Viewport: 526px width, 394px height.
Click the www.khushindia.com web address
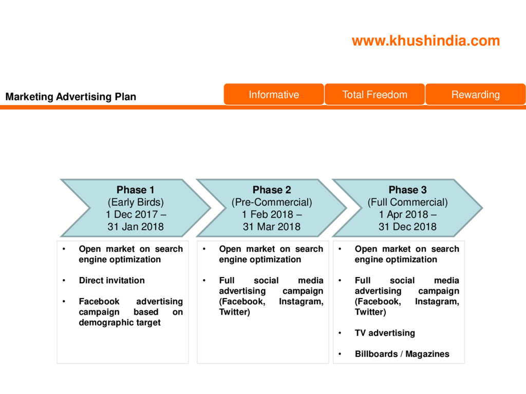coord(425,41)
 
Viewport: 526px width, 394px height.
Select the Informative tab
coord(274,94)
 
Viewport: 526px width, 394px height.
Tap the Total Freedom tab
coord(374,94)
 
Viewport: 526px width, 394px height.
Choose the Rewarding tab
coord(475,94)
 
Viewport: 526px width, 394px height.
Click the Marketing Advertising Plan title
coord(71,96)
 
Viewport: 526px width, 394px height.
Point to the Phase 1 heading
coord(136,190)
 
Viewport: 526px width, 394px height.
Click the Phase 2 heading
coord(272,190)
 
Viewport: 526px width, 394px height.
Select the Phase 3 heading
coord(407,190)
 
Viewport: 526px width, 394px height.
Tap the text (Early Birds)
coord(136,202)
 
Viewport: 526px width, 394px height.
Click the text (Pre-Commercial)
coord(272,202)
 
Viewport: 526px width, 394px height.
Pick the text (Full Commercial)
coord(407,202)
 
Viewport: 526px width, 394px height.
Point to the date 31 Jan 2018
coord(136,227)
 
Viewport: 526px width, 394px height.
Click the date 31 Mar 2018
coord(272,227)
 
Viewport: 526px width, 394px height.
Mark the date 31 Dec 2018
coord(407,227)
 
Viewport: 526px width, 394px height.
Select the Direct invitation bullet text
coord(111,281)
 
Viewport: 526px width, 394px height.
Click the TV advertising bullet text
coord(385,333)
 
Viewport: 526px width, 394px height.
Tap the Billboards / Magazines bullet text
coord(402,354)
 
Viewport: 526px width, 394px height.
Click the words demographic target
coord(119,323)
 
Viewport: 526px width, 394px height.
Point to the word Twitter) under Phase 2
coord(234,312)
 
